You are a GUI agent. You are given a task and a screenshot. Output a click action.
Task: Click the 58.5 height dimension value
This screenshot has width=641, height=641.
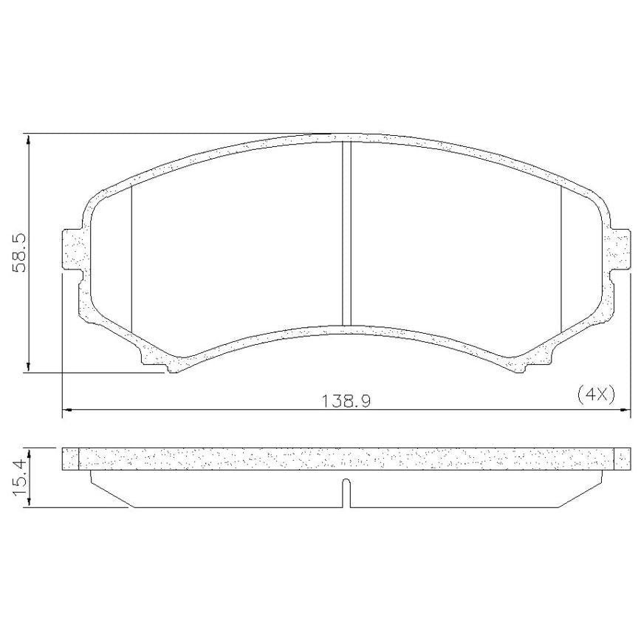[20, 253]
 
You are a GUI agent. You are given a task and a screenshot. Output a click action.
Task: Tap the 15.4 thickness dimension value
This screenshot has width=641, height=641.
[20, 477]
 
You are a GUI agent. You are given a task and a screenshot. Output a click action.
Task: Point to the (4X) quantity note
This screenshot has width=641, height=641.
[596, 396]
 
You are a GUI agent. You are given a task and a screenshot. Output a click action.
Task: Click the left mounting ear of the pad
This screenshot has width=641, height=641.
[73, 250]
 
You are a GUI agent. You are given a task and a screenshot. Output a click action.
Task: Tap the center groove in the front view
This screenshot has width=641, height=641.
[346, 233]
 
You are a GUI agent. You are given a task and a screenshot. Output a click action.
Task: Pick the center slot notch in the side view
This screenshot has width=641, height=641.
[346, 493]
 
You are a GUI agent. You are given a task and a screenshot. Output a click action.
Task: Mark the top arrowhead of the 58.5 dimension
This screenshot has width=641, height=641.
[28, 139]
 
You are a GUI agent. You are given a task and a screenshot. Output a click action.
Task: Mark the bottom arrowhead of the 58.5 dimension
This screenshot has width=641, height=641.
[28, 367]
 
